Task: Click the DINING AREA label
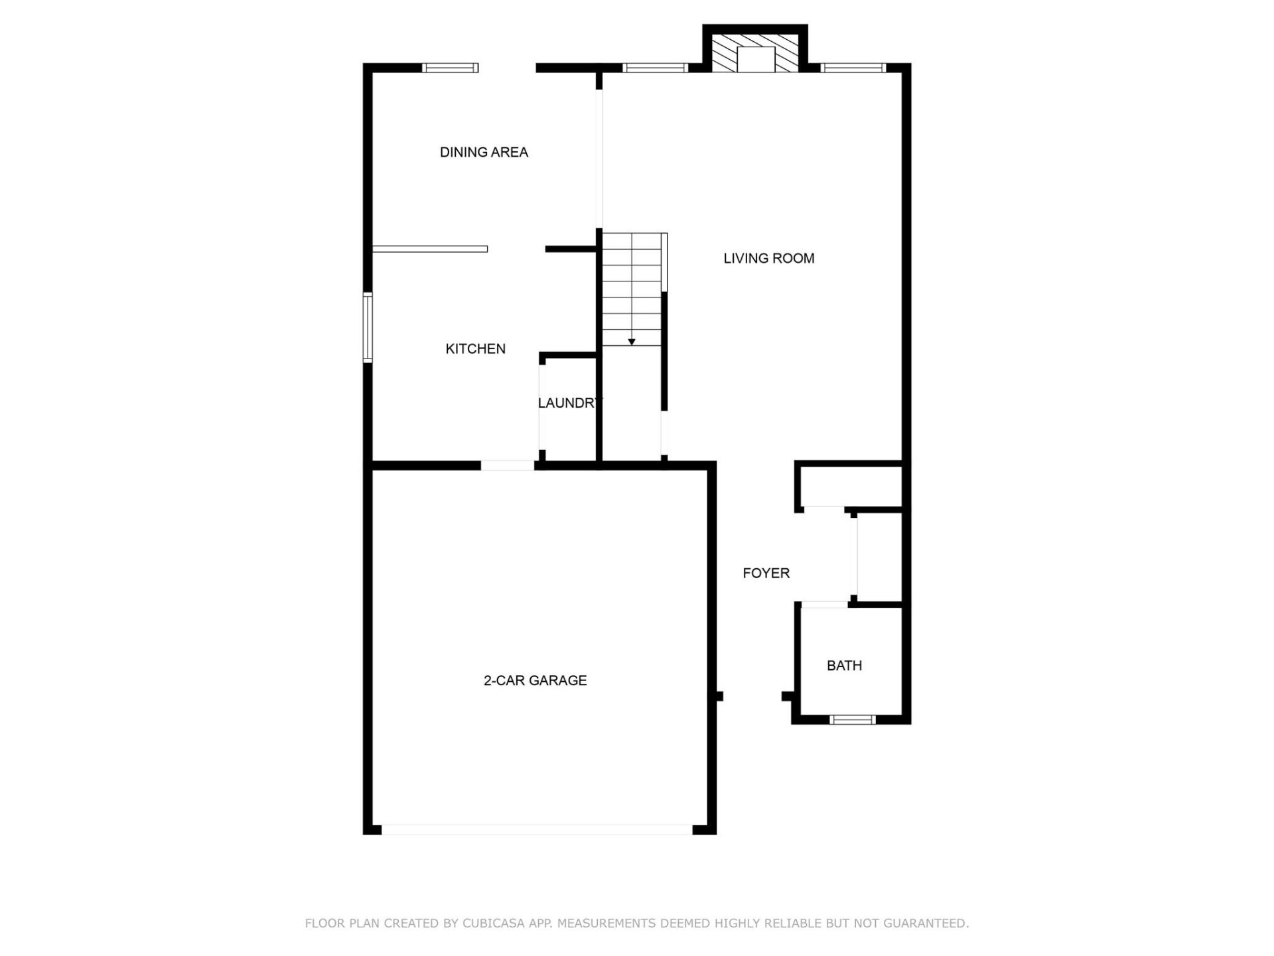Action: click(484, 152)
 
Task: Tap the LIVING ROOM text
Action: click(768, 258)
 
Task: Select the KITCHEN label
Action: click(475, 349)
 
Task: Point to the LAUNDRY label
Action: click(570, 403)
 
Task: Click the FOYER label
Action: click(766, 573)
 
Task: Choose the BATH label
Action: click(844, 665)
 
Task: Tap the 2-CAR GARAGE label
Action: click(535, 680)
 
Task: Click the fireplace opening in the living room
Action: click(756, 60)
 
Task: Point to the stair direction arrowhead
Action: click(632, 342)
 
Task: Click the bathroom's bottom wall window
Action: click(853, 719)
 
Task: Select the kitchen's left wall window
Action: click(367, 327)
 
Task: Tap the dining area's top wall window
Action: click(451, 68)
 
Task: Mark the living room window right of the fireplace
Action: click(853, 68)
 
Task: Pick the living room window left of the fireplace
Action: click(655, 68)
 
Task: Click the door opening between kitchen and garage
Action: click(508, 465)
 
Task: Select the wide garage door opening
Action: click(536, 830)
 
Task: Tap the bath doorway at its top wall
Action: click(824, 604)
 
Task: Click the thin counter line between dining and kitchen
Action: click(430, 249)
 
